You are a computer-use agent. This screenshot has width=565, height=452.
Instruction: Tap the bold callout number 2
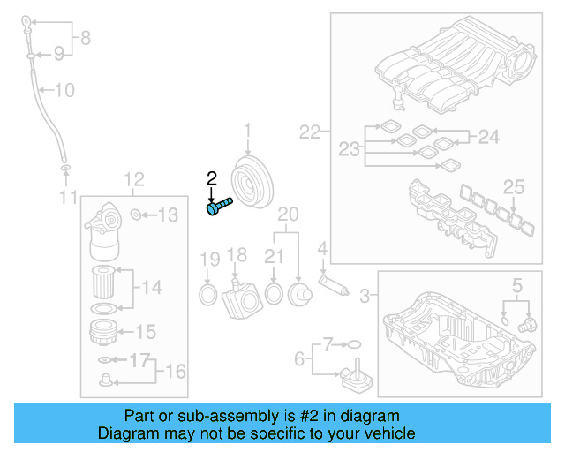211,180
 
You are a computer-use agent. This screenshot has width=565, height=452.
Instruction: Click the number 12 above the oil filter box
133,181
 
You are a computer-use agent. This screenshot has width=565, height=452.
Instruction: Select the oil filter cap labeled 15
106,333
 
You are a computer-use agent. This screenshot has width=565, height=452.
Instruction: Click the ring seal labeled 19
207,292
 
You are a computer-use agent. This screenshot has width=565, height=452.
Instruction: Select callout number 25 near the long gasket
514,185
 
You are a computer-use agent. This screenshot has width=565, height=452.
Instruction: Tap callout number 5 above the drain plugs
517,284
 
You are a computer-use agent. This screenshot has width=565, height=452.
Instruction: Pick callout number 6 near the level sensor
298,358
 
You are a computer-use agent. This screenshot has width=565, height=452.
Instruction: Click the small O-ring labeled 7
353,343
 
